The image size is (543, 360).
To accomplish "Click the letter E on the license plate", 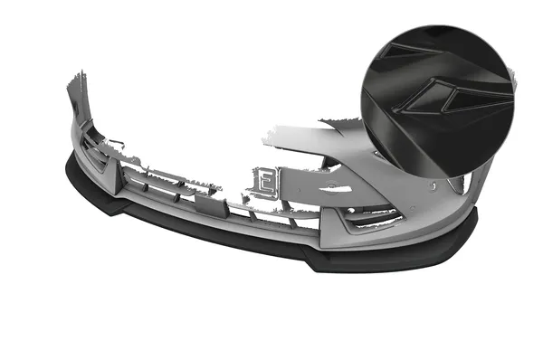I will click(x=265, y=181).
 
